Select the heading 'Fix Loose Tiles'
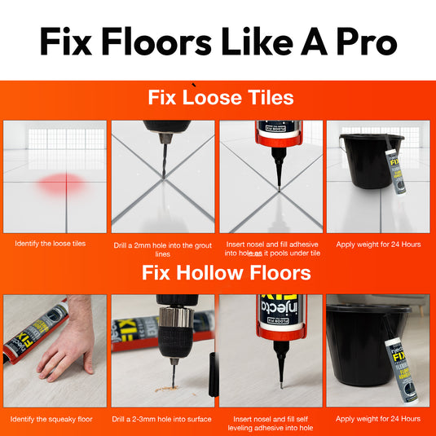click(x=220, y=98)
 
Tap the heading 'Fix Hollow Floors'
click(x=226, y=272)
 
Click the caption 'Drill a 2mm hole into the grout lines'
click(x=163, y=248)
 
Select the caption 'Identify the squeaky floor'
click(x=51, y=419)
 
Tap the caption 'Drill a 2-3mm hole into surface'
click(x=163, y=419)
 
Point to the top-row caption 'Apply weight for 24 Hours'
click(x=378, y=243)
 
